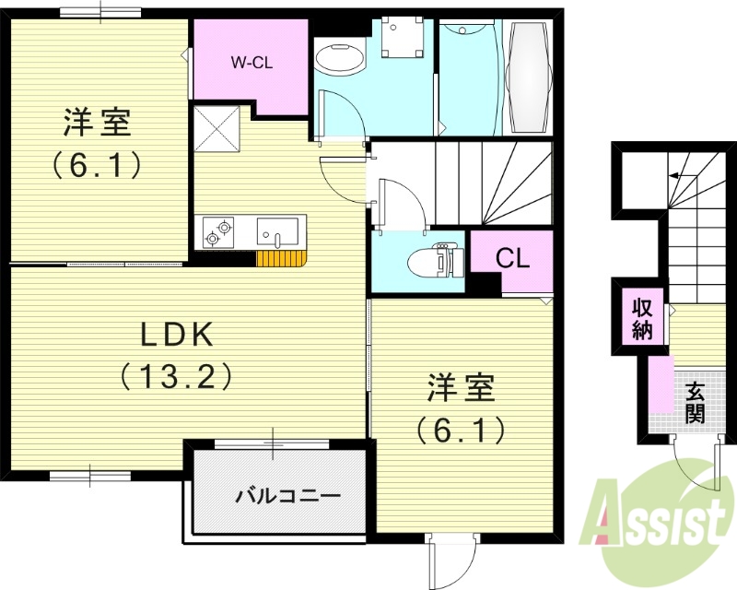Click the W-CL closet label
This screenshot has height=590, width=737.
click(251, 64)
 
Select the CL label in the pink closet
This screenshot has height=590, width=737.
click(512, 258)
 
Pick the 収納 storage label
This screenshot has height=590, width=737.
click(642, 318)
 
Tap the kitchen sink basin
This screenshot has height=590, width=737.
click(277, 230)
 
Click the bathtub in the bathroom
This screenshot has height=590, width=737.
click(530, 77)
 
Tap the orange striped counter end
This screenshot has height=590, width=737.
click(280, 258)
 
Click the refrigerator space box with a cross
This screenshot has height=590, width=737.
click(218, 126)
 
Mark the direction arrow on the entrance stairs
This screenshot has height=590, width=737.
click(681, 174)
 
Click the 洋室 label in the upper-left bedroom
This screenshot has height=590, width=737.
click(96, 124)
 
